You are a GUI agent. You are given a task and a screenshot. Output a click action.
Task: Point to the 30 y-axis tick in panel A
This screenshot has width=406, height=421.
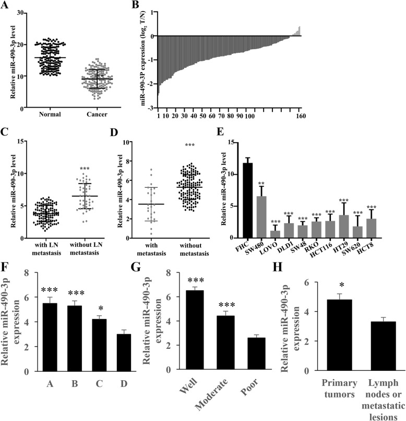20,11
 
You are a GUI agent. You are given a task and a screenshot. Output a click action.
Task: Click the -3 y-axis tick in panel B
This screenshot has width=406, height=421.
149,108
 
